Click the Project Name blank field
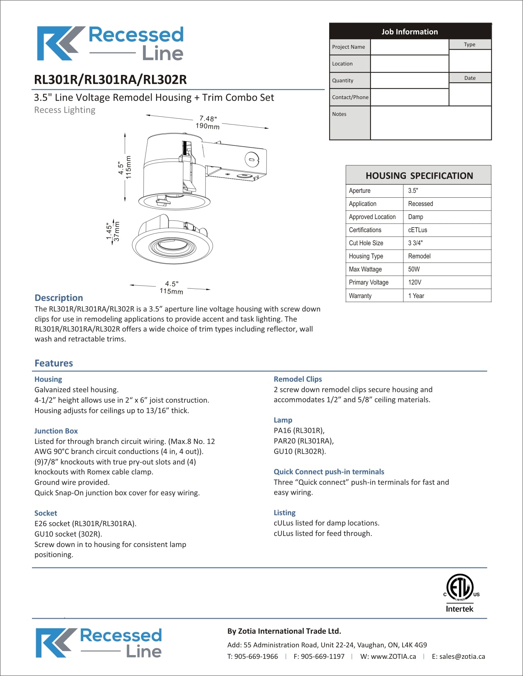(x=409, y=47)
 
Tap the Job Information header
(x=410, y=32)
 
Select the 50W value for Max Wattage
(x=414, y=269)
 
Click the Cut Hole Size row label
(x=366, y=243)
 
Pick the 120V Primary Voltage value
(x=415, y=282)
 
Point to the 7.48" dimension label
(x=208, y=122)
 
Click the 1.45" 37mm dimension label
(x=113, y=232)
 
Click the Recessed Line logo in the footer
(x=99, y=643)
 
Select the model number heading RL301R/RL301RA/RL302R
(x=110, y=79)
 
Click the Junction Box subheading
(x=56, y=431)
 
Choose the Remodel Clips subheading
(x=298, y=379)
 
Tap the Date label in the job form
(x=470, y=78)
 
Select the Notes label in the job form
(x=339, y=114)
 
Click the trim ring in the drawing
(x=172, y=246)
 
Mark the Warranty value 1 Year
(x=416, y=296)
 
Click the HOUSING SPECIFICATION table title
(x=419, y=176)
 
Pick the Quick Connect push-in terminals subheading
(x=329, y=472)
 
